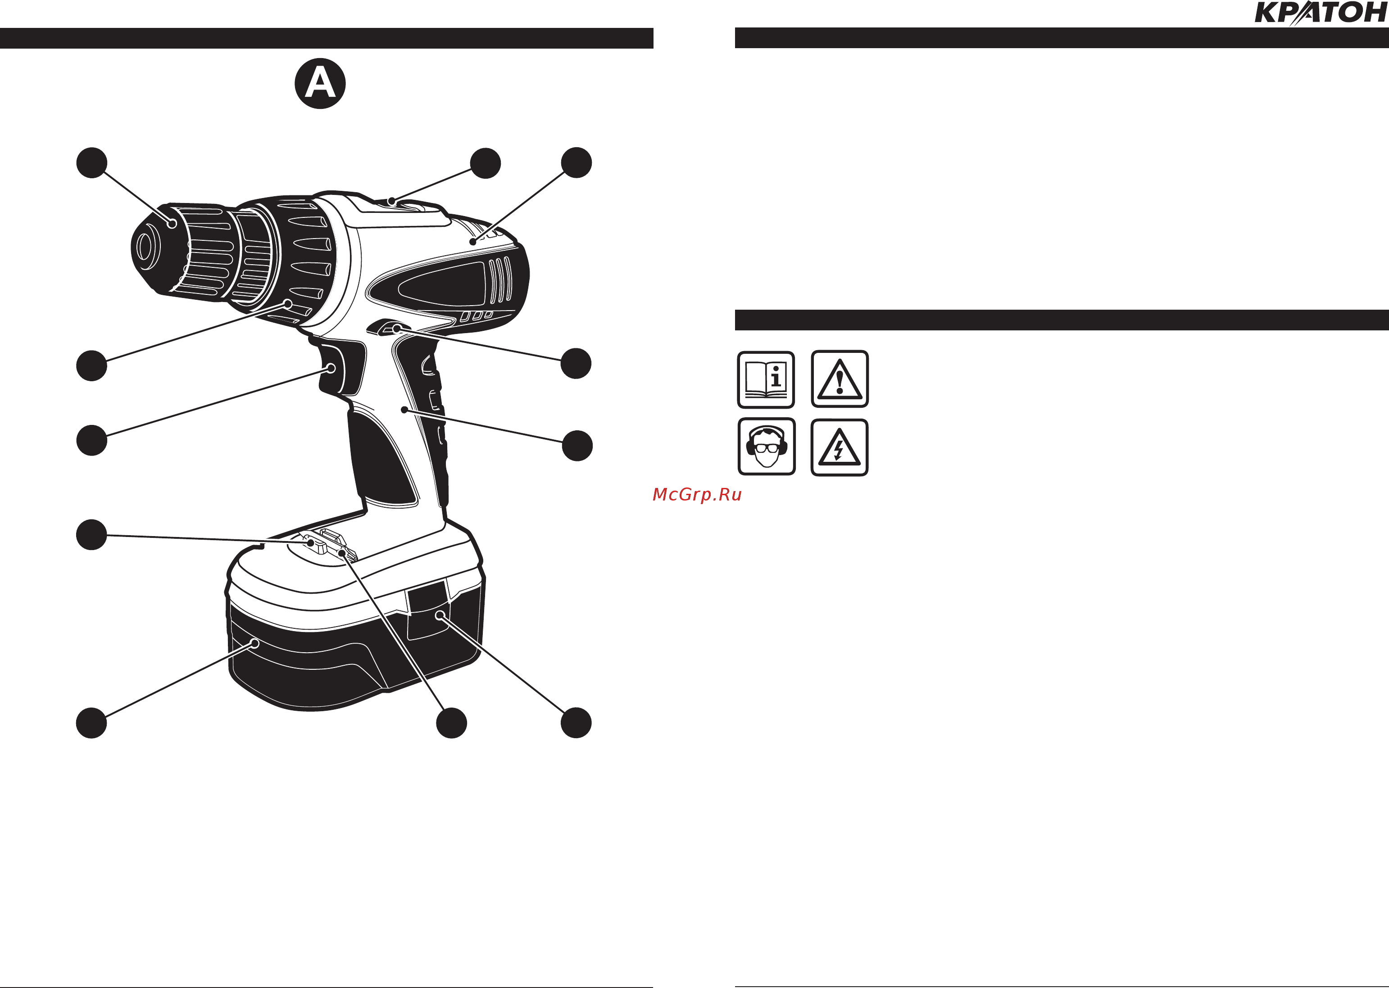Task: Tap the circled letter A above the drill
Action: pos(320,83)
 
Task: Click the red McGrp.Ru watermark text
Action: pos(697,495)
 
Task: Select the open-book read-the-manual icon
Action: pos(766,379)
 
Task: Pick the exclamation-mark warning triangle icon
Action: pos(840,379)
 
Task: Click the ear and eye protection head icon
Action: pos(766,447)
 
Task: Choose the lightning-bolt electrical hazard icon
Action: pos(840,447)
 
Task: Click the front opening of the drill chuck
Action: pos(145,248)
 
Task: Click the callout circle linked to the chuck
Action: pos(92,163)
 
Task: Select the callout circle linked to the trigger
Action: pos(92,441)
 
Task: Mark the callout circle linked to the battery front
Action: pos(91,723)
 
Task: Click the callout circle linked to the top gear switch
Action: pos(486,163)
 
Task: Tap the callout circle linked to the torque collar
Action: pos(92,365)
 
